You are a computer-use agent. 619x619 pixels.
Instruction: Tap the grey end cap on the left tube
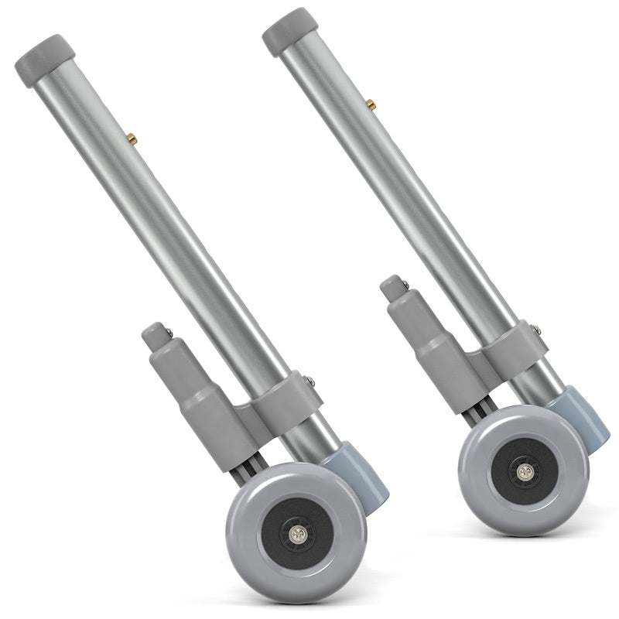(45, 59)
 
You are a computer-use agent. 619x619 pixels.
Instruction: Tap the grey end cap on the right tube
(290, 31)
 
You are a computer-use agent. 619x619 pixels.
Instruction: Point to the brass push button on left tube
(132, 139)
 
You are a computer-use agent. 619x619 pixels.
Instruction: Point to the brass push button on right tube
(371, 103)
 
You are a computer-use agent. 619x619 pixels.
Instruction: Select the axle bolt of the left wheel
(296, 534)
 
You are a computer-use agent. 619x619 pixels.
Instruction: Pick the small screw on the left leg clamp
(309, 380)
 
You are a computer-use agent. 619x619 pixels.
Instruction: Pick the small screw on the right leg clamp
(536, 330)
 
